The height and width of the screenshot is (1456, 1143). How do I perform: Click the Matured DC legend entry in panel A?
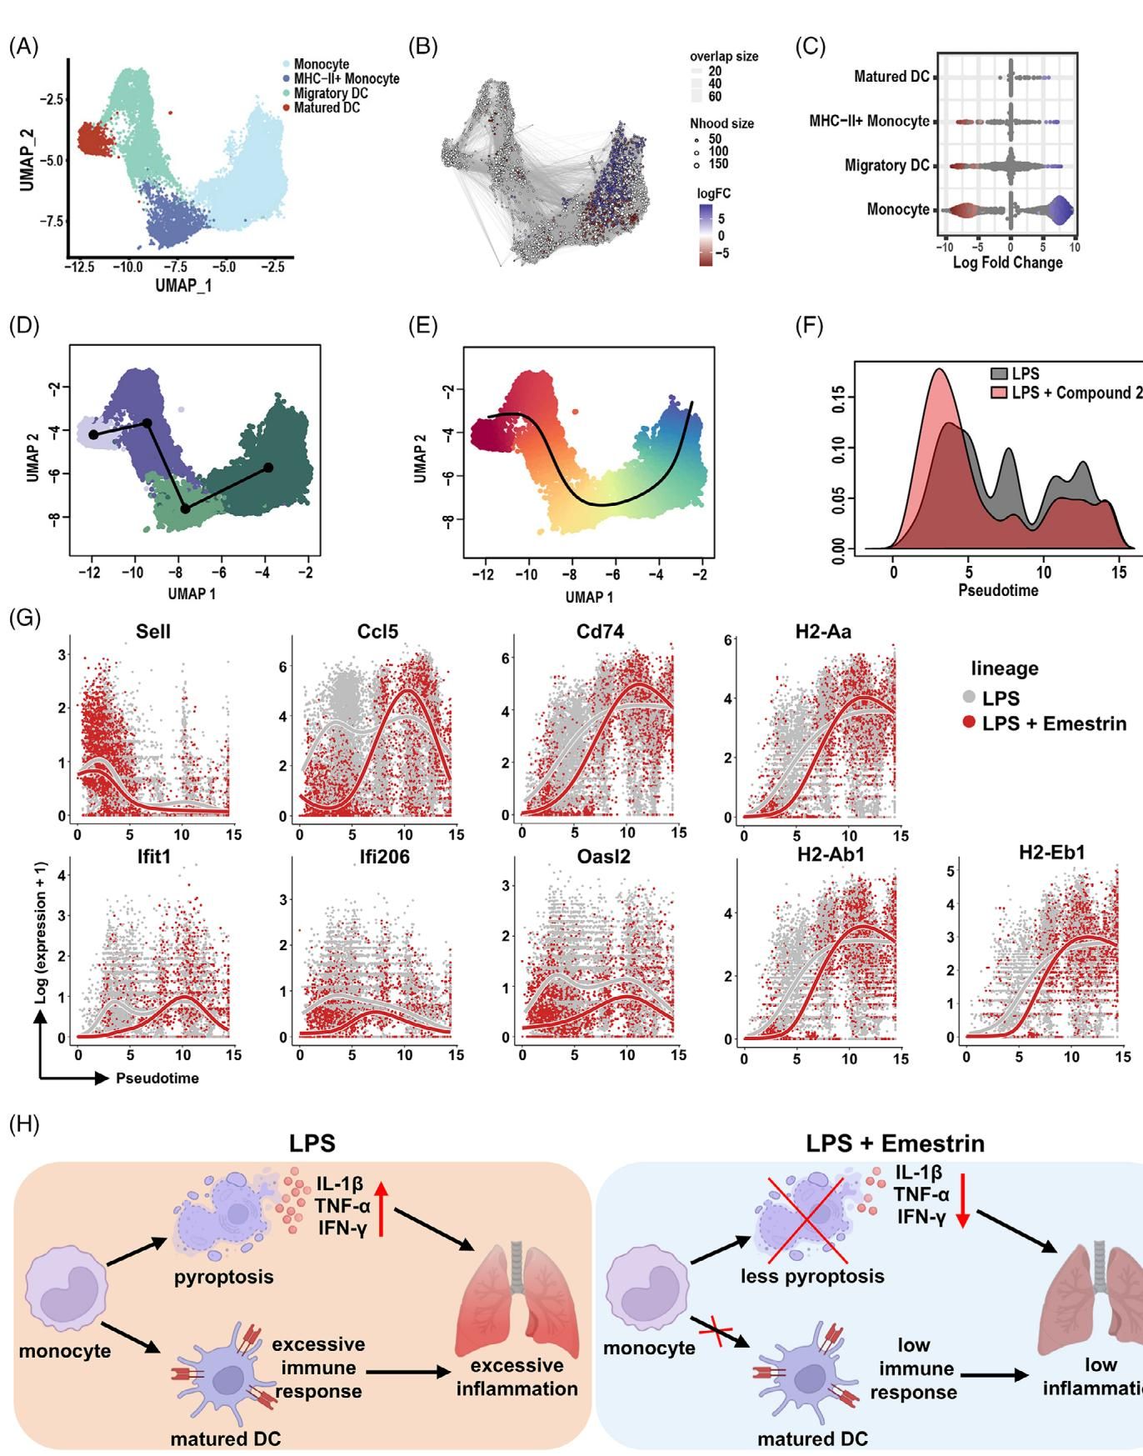pos(326,108)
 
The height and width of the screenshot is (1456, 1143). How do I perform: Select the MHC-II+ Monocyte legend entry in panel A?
pos(346,79)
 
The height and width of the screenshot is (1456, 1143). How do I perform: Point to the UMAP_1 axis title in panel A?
pos(183,285)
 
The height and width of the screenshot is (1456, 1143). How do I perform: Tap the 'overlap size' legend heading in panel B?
pos(724,57)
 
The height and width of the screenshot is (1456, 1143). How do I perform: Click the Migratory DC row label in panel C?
pos(886,166)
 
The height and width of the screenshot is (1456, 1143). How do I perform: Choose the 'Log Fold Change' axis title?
pos(1007,263)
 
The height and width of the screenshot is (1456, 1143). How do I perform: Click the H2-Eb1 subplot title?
pos(1051,853)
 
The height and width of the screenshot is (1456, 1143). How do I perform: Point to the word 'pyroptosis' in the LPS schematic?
pos(223,1276)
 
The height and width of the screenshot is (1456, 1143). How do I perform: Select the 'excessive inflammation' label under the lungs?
pos(517,1377)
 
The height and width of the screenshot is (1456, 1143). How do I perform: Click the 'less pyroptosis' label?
pos(812,1276)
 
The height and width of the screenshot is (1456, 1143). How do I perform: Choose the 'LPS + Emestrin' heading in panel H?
pos(895,1143)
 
